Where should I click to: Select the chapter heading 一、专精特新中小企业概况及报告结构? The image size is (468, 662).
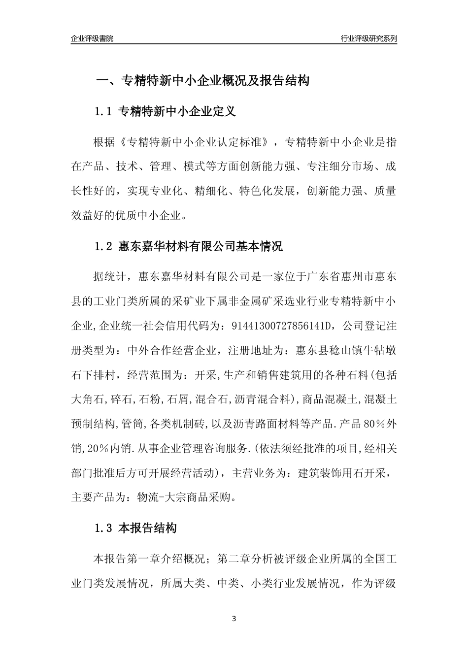point(202,81)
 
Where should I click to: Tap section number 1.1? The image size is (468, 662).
point(104,112)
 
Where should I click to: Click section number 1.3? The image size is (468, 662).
point(104,529)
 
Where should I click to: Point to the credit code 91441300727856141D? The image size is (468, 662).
point(283,326)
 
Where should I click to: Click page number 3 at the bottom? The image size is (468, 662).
point(234,619)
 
